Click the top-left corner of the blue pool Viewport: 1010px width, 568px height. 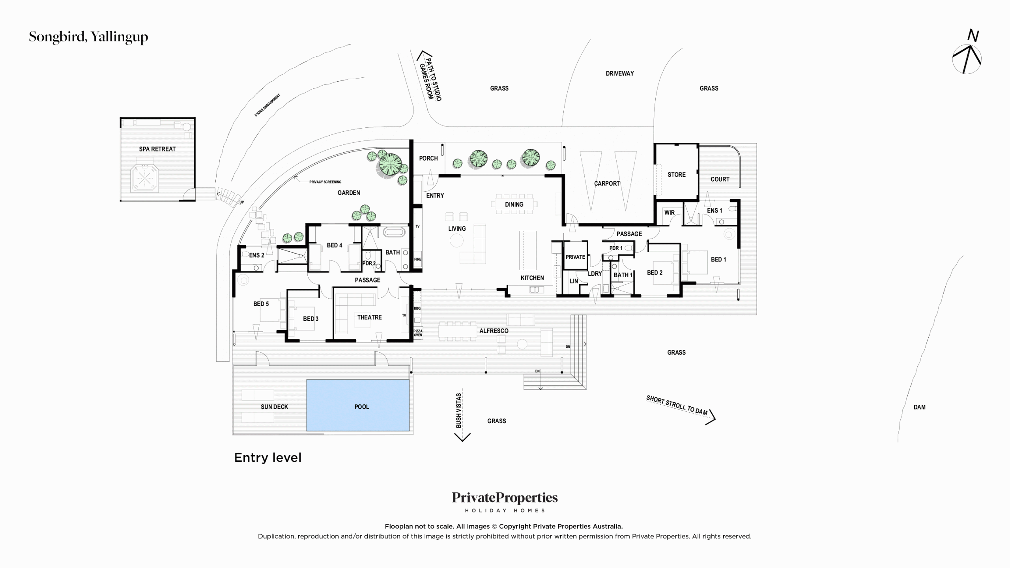(307, 380)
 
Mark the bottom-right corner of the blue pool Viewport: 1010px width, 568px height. (409, 431)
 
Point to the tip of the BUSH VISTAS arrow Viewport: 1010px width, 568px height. (462, 441)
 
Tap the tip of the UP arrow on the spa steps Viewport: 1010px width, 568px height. (217, 194)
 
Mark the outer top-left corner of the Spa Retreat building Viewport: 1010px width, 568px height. (120, 118)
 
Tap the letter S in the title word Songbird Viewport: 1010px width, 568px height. (33, 37)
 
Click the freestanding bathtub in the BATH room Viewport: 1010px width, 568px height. (394, 232)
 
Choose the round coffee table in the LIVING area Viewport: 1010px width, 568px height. (456, 241)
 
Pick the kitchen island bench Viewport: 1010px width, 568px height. (527, 250)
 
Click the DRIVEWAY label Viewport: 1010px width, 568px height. (620, 73)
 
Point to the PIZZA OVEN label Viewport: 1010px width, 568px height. (418, 333)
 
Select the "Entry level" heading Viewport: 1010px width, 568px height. (268, 458)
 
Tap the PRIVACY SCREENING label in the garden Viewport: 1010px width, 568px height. (325, 182)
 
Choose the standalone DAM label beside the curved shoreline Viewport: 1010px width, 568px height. (919, 407)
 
